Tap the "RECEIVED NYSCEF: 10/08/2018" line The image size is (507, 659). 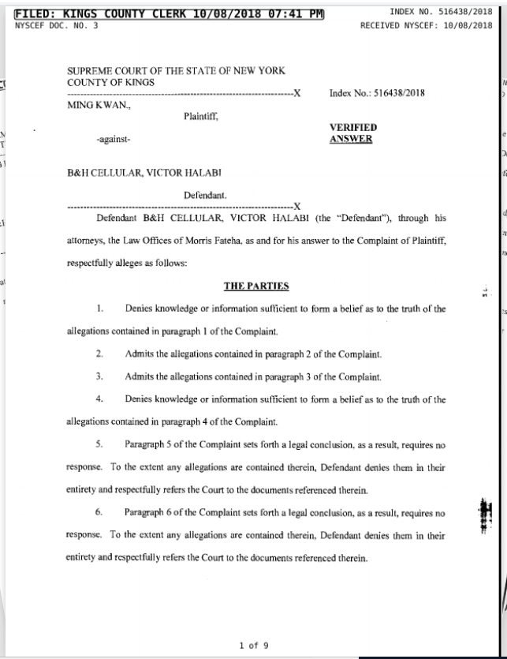425,25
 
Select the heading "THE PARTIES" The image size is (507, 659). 256,286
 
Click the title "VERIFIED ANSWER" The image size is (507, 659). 351,133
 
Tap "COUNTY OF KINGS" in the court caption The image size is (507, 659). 110,81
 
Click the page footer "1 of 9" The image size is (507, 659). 253,645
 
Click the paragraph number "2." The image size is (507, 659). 100,355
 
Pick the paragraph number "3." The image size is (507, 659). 100,376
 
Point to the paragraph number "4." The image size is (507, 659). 100,399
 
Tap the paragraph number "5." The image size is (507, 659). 100,444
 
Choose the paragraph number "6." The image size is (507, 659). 100,512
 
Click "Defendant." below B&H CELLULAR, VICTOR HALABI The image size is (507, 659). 207,193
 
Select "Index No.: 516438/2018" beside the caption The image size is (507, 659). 377,93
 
